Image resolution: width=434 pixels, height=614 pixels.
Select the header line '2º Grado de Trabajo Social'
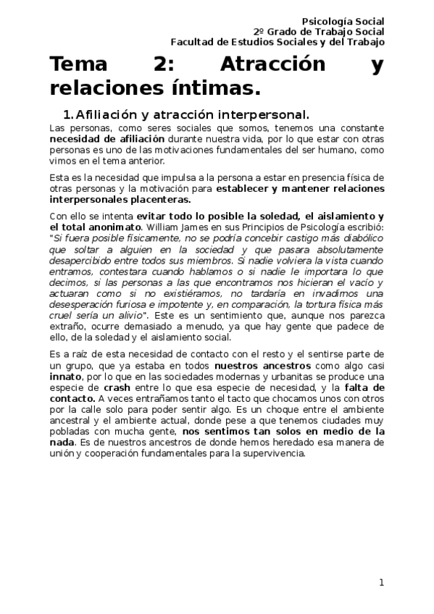tap(319, 32)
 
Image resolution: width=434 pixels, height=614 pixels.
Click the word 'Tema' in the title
tap(78, 65)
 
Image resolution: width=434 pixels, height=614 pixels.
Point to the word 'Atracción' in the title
tap(262, 65)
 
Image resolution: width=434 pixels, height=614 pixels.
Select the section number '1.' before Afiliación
tap(68, 114)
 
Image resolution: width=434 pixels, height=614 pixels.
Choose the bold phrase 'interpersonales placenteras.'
tap(120, 199)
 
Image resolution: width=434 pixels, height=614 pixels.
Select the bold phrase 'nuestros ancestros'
tap(256, 367)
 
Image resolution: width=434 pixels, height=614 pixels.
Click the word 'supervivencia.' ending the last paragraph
tap(275, 454)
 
